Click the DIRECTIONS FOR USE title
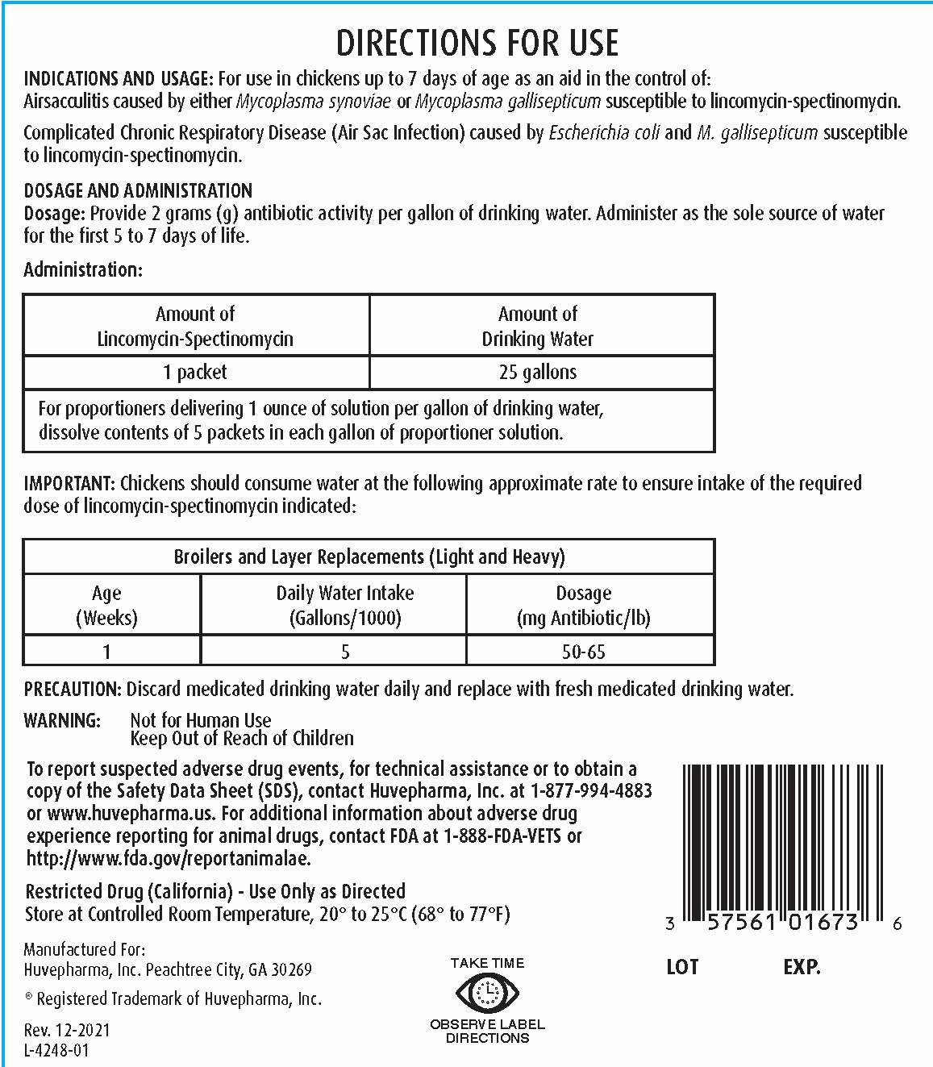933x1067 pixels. [x=477, y=43]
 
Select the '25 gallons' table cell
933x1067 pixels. [x=538, y=372]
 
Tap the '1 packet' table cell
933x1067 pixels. [x=195, y=372]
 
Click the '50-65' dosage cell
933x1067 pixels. [x=583, y=652]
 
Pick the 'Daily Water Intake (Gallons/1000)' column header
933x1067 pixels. [x=345, y=605]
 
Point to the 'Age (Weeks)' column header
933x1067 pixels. [x=106, y=605]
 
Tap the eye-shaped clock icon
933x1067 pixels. [x=487, y=992]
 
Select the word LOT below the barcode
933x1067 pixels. [x=682, y=967]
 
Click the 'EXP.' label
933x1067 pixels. [x=802, y=967]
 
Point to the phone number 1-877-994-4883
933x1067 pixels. [x=592, y=791]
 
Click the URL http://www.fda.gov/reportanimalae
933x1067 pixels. [x=169, y=858]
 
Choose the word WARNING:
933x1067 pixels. [x=62, y=720]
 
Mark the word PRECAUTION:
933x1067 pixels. [x=73, y=689]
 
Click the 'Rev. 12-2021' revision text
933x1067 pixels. [x=67, y=1030]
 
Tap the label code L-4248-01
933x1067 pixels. [x=56, y=1050]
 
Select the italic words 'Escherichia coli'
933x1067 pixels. [x=604, y=132]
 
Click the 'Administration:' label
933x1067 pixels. [x=83, y=269]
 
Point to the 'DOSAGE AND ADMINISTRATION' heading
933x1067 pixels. [x=138, y=191]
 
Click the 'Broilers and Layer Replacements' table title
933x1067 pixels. [x=369, y=556]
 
